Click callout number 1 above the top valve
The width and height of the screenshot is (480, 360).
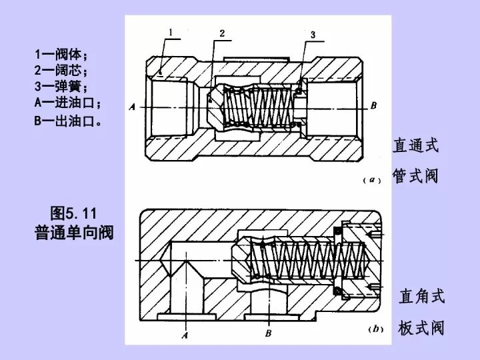click(x=171, y=31)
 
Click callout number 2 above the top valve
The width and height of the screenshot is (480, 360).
click(x=222, y=33)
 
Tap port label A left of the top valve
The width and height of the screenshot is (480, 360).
click(x=132, y=106)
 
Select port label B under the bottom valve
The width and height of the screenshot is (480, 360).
click(x=268, y=333)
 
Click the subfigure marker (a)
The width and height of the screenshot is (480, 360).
click(x=371, y=180)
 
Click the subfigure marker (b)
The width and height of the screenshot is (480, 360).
click(x=374, y=329)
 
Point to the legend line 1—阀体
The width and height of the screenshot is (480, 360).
click(x=61, y=55)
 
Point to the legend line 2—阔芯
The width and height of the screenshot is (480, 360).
click(x=61, y=71)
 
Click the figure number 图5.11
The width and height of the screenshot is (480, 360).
click(x=74, y=213)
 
